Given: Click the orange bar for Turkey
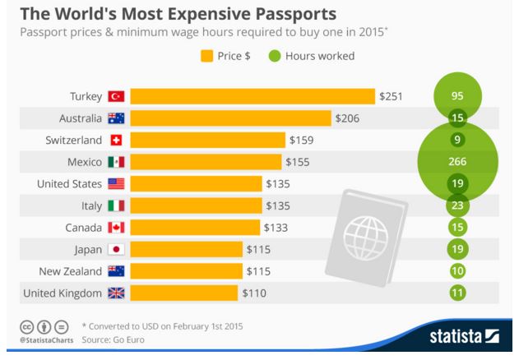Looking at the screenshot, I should (252, 96).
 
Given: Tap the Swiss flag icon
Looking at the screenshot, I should (116, 140).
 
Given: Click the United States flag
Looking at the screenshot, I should (116, 183).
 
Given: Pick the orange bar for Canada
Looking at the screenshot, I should (196, 227).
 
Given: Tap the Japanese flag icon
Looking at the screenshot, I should (116, 248).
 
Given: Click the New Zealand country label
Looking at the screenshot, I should (72, 270).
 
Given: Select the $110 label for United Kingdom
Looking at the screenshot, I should (254, 292).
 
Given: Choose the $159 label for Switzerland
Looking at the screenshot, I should (300, 140).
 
